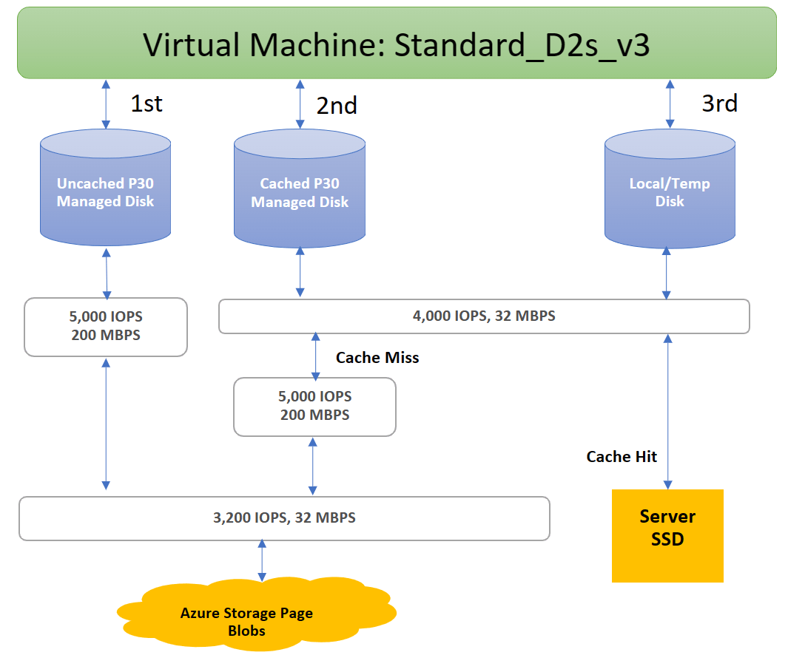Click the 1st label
147,103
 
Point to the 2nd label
337,106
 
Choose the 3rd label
719,103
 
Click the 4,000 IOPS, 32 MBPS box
484,316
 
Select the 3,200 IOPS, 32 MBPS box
284,517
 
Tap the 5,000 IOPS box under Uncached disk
106,326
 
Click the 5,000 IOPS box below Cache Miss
314,406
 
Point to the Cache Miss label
377,358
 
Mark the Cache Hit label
622,456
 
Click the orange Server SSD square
667,535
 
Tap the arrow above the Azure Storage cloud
261,560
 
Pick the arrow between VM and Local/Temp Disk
670,104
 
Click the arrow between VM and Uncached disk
106,104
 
